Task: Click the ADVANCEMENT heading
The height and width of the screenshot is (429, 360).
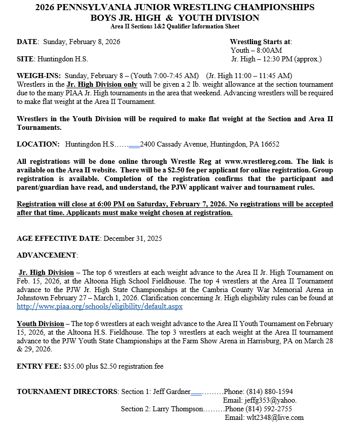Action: [47, 255]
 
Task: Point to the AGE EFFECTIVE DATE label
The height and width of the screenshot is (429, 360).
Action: [59, 238]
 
